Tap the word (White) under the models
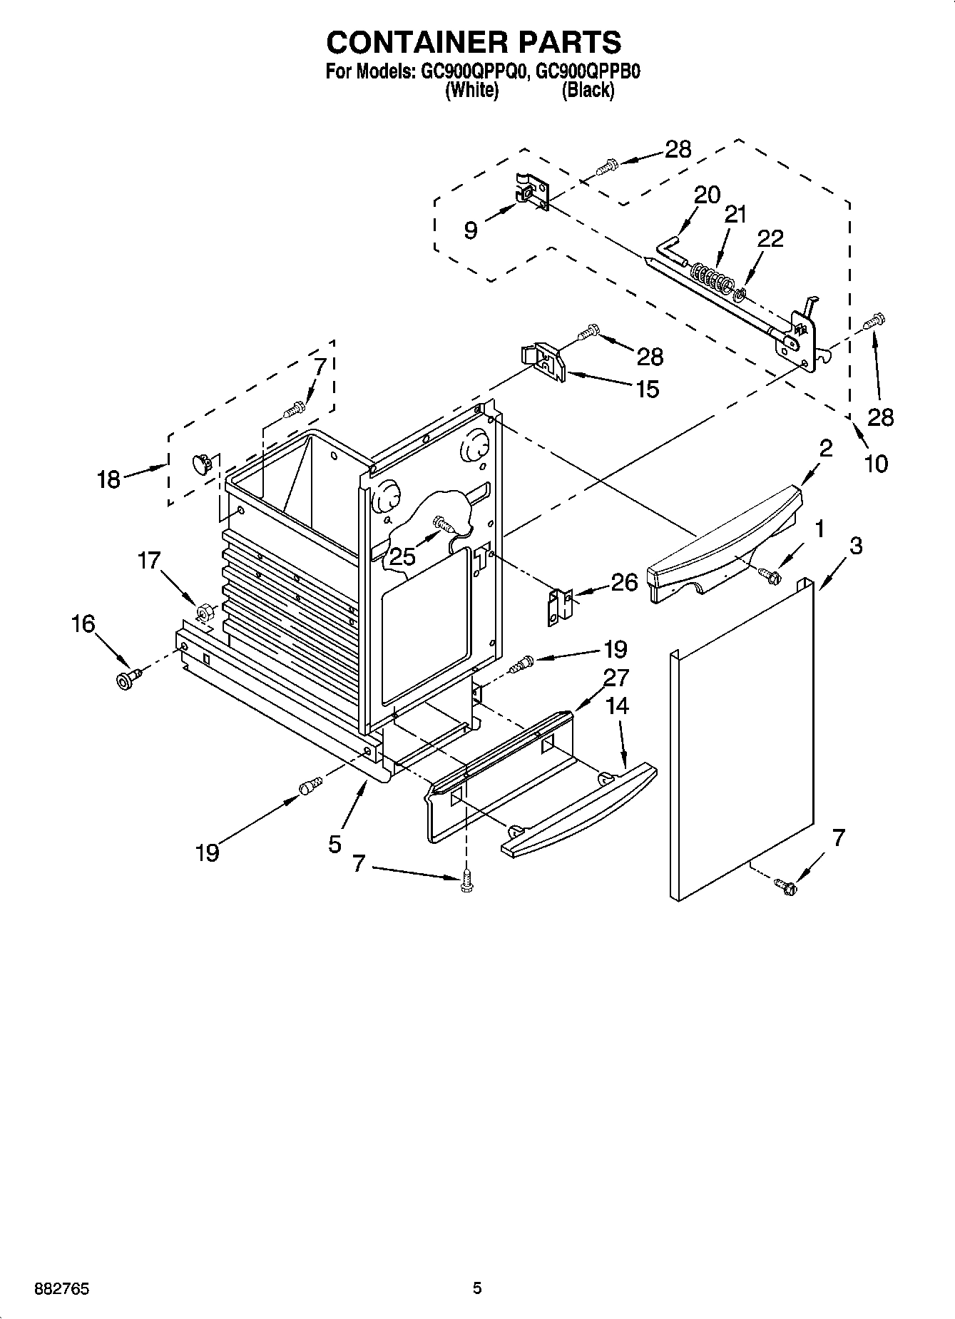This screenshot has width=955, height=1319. coord(471,91)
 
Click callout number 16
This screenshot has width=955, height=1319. coord(83,623)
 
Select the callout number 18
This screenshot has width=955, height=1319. coord(108,479)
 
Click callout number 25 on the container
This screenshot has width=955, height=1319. coord(402,556)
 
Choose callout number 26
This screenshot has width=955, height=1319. coord(625,582)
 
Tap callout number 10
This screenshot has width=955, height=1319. coord(876,464)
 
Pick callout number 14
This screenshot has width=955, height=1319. coord(617,706)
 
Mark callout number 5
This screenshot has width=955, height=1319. coord(335,844)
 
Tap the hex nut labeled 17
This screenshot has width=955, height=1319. coord(203,612)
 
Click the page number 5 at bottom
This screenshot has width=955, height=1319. coord(477,1288)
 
